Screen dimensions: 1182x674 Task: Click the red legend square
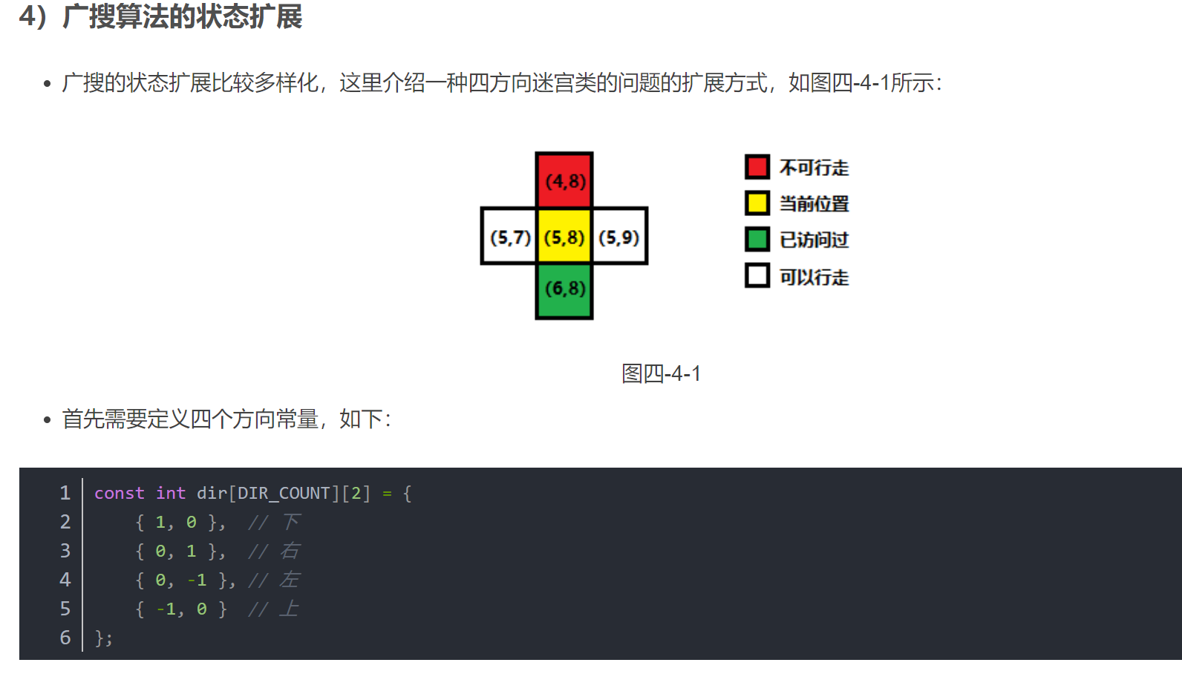pos(757,167)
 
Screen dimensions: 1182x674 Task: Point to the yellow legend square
pos(757,203)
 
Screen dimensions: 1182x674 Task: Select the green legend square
pos(757,239)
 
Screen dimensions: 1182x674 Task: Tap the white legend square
pos(757,275)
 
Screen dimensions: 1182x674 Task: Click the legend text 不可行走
pos(814,168)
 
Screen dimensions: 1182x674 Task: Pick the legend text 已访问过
pos(814,240)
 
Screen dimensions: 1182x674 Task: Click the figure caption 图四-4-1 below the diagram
pos(661,373)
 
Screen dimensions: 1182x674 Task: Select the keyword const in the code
pos(119,494)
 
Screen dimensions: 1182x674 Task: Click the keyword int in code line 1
pos(171,494)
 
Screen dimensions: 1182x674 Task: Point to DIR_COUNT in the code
pos(284,494)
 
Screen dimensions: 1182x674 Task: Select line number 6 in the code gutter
pos(65,638)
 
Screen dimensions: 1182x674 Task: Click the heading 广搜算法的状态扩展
pos(182,16)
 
